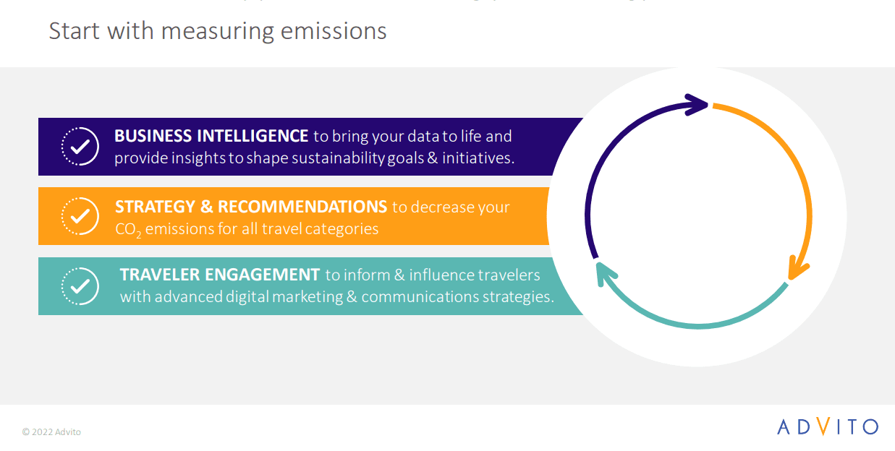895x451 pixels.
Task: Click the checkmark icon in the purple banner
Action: click(80, 147)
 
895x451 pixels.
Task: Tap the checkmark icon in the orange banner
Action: click(80, 216)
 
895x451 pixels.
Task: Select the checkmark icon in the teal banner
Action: click(80, 285)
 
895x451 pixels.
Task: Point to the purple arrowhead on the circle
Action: click(696, 105)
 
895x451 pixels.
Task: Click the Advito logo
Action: click(828, 426)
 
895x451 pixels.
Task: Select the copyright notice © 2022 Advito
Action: click(51, 432)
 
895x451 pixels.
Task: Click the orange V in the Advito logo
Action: click(823, 426)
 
